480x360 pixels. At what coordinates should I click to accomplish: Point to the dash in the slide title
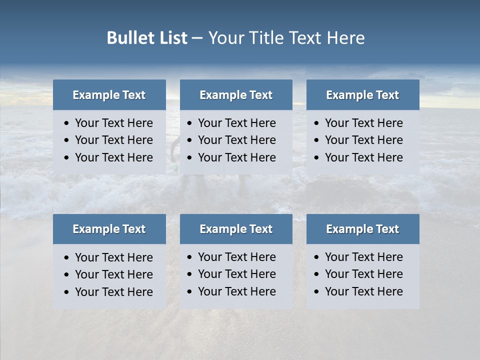(197, 38)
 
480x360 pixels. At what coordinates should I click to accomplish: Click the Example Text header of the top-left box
(109, 95)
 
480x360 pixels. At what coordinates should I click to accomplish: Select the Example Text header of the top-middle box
(236, 95)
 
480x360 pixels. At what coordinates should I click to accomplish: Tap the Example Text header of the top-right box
(362, 95)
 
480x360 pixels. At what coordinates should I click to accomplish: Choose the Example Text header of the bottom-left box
(109, 229)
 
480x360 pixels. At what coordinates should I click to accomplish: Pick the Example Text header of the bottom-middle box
(236, 229)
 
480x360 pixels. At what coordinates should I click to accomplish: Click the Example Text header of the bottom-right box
(362, 229)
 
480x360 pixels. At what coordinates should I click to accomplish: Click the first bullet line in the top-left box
(113, 123)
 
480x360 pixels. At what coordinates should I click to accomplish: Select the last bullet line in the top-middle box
(236, 157)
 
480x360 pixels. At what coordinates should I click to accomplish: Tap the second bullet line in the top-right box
(363, 140)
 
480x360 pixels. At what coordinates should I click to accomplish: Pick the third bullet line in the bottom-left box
(113, 292)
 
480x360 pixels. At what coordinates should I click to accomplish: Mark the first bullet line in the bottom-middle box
(236, 257)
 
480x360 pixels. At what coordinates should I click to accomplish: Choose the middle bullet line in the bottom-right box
(363, 274)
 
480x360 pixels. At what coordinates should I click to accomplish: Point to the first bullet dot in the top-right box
(317, 123)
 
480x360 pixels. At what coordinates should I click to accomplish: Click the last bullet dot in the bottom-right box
(317, 292)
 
